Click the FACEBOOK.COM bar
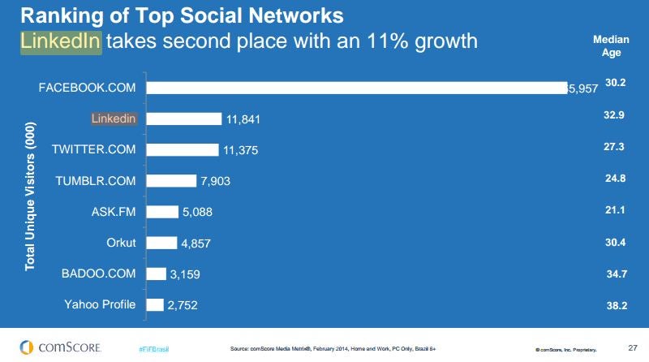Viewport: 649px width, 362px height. click(357, 88)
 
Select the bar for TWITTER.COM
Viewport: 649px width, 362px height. click(183, 149)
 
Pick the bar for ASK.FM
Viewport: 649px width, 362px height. click(162, 212)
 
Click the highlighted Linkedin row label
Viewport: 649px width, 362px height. click(114, 119)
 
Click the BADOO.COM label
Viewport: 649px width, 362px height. click(100, 274)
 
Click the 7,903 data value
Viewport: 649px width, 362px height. click(215, 181)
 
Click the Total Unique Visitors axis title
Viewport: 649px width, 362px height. click(30, 196)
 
